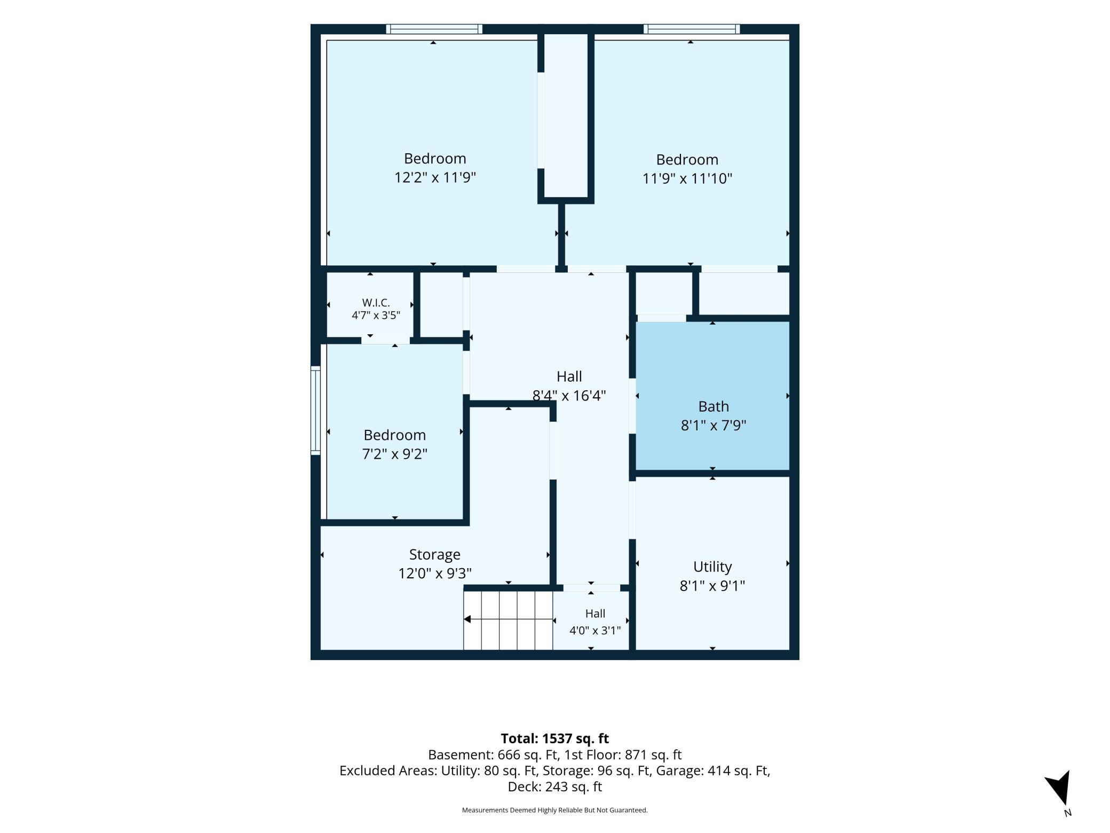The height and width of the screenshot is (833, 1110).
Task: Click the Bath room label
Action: click(x=713, y=406)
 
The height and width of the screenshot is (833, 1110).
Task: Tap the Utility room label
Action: click(x=712, y=567)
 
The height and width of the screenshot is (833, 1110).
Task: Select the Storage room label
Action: click(x=434, y=555)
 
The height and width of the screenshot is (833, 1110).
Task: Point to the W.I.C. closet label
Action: click(x=376, y=303)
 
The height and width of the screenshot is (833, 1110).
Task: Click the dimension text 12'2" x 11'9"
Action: click(x=435, y=177)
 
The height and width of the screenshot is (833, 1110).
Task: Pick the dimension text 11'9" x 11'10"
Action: click(x=687, y=178)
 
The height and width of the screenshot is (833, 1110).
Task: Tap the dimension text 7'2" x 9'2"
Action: click(x=395, y=454)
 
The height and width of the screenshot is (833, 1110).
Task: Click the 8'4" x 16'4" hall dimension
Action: click(x=569, y=396)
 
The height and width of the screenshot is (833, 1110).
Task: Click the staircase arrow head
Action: click(x=467, y=619)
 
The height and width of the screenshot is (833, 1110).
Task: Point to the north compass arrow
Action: click(x=1059, y=787)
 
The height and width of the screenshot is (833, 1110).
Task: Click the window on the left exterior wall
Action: click(x=315, y=411)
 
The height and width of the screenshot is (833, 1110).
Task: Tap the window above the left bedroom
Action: click(x=434, y=29)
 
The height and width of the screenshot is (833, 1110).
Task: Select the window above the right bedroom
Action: click(x=692, y=29)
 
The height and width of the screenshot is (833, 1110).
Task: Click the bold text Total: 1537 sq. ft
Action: click(x=555, y=738)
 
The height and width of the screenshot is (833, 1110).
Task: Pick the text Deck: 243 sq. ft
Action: click(x=555, y=787)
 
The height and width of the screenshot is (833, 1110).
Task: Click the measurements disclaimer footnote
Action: click(x=555, y=810)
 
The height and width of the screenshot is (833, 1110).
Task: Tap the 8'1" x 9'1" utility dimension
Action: click(x=712, y=586)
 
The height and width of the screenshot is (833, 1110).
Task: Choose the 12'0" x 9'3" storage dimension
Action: click(x=435, y=573)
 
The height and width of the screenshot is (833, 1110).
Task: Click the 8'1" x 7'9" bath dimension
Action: click(x=713, y=426)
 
